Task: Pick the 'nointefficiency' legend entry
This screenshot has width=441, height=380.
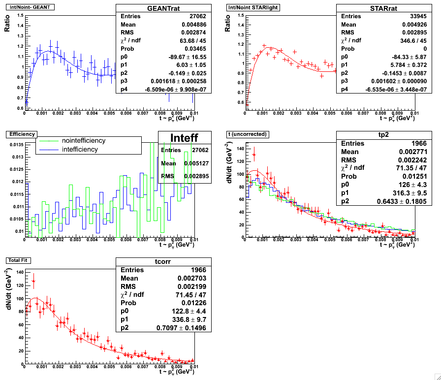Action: click(84, 141)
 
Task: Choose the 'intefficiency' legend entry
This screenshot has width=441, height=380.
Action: click(80, 149)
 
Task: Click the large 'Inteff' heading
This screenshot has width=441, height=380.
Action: click(185, 137)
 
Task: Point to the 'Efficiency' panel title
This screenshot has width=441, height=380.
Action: click(20, 133)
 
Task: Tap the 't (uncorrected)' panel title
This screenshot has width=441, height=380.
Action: click(247, 133)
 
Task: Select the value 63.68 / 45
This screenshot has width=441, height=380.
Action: click(195, 41)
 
